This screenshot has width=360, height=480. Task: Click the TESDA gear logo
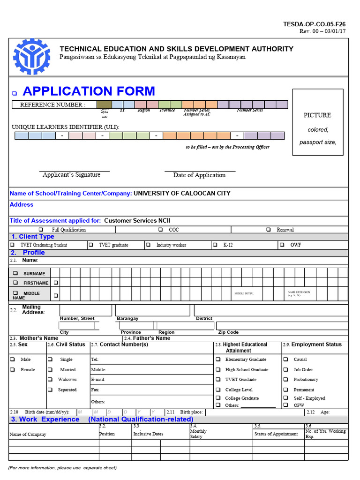pos(31,57)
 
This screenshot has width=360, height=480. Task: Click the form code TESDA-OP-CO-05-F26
pos(314,24)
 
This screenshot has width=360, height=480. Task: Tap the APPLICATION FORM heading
pos(89,91)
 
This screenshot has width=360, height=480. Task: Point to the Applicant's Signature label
pos(71,175)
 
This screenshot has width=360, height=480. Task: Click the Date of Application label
pos(199,175)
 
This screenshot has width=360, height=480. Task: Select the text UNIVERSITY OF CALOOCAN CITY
pos(182,193)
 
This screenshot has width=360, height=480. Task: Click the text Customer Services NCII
pos(140,220)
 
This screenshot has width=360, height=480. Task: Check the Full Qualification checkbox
pos(41,230)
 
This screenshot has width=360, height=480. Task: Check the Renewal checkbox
pos(268,230)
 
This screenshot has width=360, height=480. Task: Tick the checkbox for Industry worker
pos(148,245)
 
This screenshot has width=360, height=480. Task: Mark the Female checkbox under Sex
pos(12,369)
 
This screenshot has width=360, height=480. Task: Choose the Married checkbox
pos(50,369)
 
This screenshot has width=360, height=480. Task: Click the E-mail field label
pos(98,380)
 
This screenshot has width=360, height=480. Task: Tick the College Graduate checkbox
pos(218,398)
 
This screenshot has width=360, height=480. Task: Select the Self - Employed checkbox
pos(285,398)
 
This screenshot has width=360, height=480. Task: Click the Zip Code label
pos(228,332)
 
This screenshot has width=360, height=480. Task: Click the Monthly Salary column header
pos(198,434)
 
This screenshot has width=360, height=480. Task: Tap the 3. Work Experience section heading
pos(45,419)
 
